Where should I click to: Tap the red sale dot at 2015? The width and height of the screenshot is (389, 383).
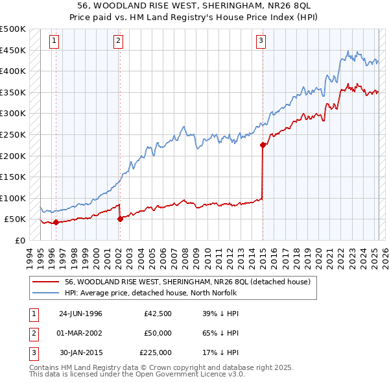[263, 145]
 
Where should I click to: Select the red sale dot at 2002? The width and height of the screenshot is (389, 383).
[120, 219]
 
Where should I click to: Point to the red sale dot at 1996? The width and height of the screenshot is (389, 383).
[56, 223]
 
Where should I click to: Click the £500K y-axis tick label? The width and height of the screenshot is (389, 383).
[13, 29]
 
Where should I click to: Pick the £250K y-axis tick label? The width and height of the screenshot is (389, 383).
[13, 134]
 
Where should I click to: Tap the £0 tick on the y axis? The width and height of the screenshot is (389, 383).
[21, 240]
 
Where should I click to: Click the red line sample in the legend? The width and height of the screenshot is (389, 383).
[45, 282]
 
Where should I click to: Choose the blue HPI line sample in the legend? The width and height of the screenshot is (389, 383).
[45, 292]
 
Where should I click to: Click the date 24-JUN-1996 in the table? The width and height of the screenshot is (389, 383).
[80, 314]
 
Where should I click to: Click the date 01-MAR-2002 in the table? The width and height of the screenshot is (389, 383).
[80, 333]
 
